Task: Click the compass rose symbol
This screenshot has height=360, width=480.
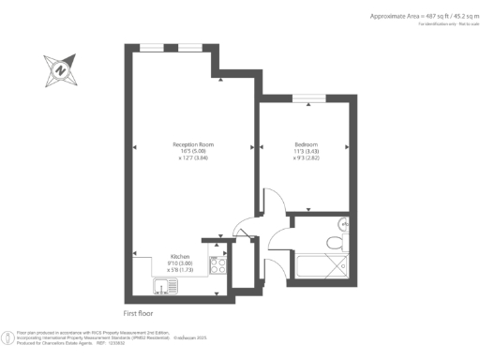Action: coord(59,69)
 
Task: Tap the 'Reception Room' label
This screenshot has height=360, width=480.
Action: coord(194,143)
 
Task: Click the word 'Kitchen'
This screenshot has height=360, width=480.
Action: coord(180,256)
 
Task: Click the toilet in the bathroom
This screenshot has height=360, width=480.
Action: coord(334,243)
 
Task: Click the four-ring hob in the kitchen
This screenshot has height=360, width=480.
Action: coord(218,263)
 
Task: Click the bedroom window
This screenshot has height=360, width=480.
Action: coord(308,97)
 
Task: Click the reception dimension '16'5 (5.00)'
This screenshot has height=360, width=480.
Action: coord(194,151)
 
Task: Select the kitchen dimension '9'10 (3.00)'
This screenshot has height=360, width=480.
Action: coord(180,263)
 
